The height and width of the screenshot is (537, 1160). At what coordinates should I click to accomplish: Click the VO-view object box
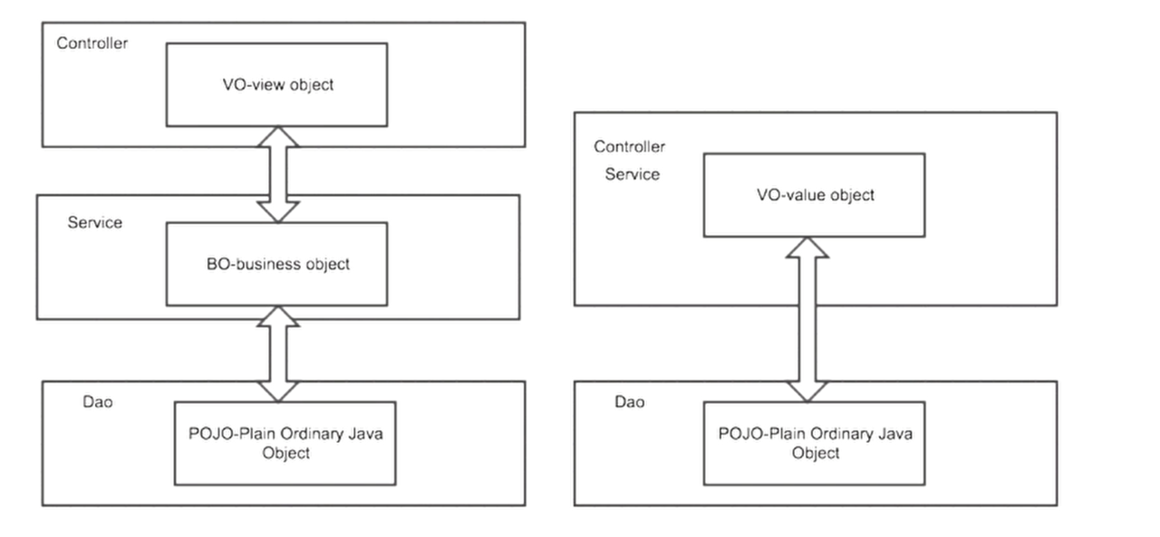point(276,84)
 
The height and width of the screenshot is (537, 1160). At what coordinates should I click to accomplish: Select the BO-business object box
point(276,264)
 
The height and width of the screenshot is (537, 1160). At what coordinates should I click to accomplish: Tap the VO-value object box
point(814,195)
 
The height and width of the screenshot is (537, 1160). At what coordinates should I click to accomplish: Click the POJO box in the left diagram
point(285,444)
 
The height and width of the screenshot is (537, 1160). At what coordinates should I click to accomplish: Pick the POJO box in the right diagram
point(814,444)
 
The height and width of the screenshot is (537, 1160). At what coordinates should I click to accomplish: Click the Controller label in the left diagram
point(92,43)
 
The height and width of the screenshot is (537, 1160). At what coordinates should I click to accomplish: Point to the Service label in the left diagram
point(95,222)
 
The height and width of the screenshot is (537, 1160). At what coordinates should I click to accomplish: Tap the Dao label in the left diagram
point(98,402)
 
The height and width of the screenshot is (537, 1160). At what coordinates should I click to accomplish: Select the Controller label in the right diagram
point(629,147)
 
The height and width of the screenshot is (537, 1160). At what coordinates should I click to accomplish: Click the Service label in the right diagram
point(633,174)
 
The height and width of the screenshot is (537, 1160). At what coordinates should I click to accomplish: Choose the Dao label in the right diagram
point(630,402)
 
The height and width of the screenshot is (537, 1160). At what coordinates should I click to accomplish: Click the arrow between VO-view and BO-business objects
point(278,175)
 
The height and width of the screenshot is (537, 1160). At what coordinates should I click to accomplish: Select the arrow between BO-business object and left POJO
point(278,354)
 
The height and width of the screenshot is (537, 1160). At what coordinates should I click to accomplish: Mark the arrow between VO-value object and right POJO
point(807,319)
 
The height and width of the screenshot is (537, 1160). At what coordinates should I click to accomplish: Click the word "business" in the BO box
point(269,264)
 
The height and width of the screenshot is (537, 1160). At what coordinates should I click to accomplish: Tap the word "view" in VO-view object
point(267,85)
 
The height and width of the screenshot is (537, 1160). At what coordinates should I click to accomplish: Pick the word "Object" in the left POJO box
point(285,453)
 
